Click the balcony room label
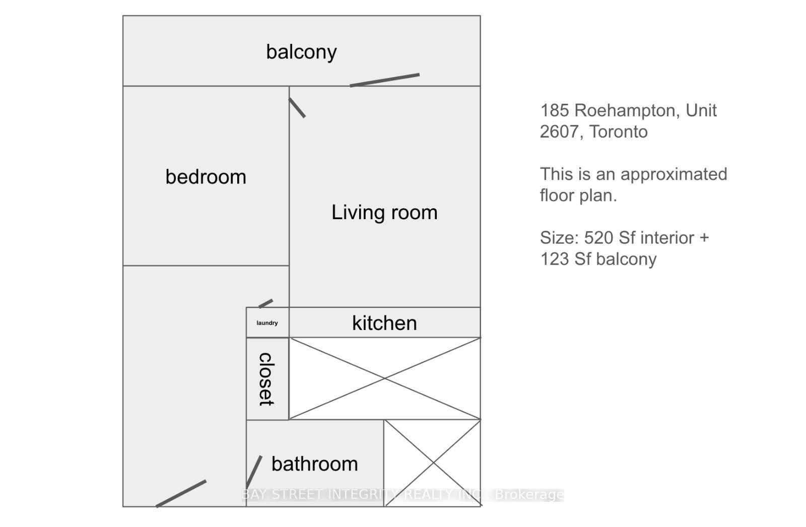tap(302, 52)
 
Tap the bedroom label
tap(206, 177)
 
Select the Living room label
tap(384, 213)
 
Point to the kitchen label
tap(384, 323)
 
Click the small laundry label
tap(267, 323)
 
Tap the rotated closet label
tap(266, 379)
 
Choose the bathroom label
tap(314, 464)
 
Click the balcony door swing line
tap(385, 80)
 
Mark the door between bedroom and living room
tap(297, 108)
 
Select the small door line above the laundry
tap(265, 303)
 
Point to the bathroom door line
tap(254, 472)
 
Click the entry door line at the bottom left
tap(181, 494)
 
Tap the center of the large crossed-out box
tap(385, 378)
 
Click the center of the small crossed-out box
tap(433, 463)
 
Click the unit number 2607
tap(559, 132)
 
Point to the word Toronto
tap(619, 132)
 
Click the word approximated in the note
tap(674, 175)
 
